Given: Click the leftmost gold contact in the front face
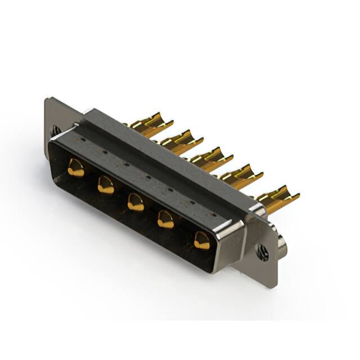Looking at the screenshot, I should click(x=75, y=168).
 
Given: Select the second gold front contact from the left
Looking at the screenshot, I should click(x=106, y=184).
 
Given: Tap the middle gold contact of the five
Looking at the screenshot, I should click(x=136, y=201).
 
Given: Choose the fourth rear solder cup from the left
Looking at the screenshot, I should click(x=239, y=173).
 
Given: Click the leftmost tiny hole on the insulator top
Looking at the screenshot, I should click(x=83, y=137).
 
